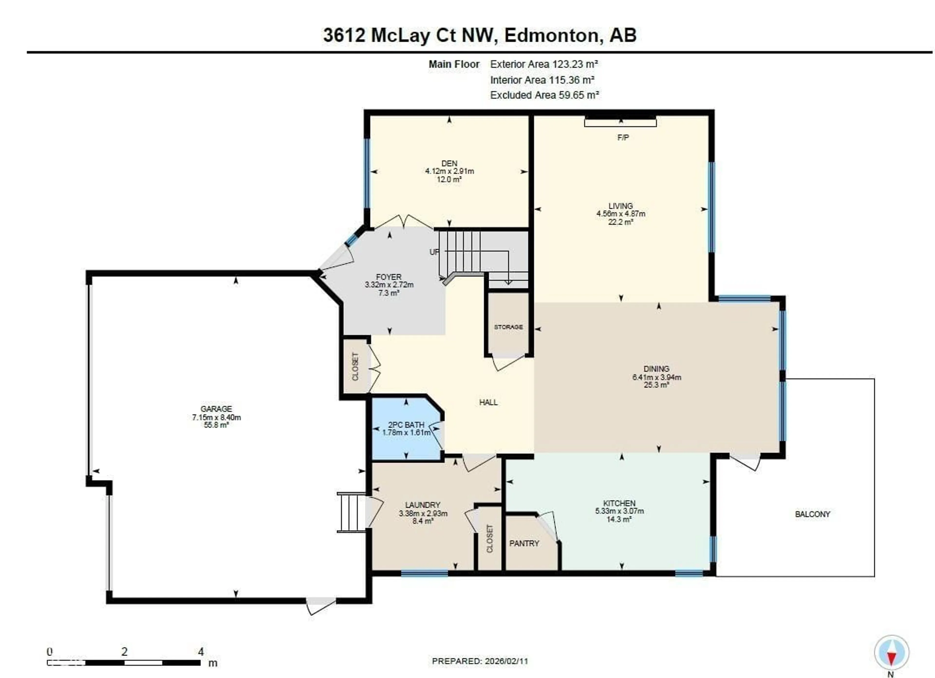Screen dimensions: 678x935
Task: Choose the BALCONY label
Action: point(812,514)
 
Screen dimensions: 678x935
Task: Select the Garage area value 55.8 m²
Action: point(216,425)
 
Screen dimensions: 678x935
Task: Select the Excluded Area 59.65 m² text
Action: point(544,95)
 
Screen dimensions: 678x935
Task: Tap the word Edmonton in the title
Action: point(551,36)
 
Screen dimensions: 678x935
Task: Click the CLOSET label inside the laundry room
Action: point(489,539)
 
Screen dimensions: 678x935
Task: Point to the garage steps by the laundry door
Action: point(352,512)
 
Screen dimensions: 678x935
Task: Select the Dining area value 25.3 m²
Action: point(656,385)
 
